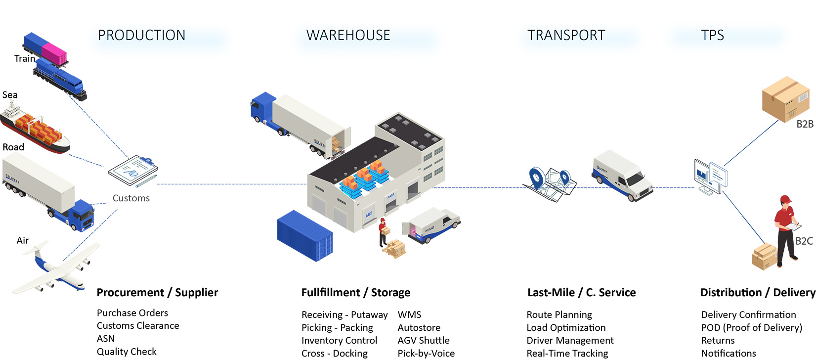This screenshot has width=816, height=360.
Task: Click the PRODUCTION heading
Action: click(142, 35)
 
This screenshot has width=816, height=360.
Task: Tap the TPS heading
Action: click(712, 35)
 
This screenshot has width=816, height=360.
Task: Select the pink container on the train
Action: click(54, 54)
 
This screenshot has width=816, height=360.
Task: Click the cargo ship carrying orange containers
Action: click(35, 129)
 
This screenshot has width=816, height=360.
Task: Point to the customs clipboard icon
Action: click(133, 171)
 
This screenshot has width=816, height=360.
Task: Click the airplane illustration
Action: click(56, 268)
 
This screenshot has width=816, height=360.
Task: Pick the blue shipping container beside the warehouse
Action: click(305, 235)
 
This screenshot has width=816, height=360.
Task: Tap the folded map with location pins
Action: click(550, 184)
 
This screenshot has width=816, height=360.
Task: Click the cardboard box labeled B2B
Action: click(786, 98)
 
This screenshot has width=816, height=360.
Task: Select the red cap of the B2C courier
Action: click(785, 199)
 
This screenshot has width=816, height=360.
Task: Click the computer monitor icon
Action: click(710, 177)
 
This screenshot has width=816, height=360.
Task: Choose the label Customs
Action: click(131, 198)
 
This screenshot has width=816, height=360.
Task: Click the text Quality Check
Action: click(127, 352)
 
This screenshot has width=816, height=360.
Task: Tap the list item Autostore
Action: click(419, 327)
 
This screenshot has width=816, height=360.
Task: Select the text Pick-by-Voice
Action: click(426, 354)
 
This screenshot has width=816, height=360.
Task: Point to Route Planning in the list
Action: click(559, 315)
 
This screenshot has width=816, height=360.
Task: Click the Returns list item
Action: click(718, 340)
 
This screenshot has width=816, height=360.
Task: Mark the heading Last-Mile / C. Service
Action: click(581, 293)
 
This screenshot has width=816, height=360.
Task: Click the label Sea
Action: click(10, 95)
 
